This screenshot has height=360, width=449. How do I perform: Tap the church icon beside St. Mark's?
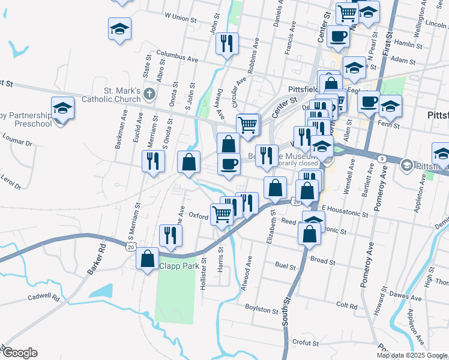pos(149,94)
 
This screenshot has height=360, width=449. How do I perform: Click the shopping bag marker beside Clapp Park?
pos(148,259)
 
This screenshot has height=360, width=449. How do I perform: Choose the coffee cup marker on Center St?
pos(337,37)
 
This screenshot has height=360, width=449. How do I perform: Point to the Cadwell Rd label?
pos(44,297)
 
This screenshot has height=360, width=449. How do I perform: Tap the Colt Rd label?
pos(347,305)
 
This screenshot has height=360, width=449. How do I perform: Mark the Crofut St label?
pos(306,342)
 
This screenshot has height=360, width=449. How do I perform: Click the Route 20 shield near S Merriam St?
pos(130,246)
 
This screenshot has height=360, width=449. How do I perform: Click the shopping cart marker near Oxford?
pos(222,214)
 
